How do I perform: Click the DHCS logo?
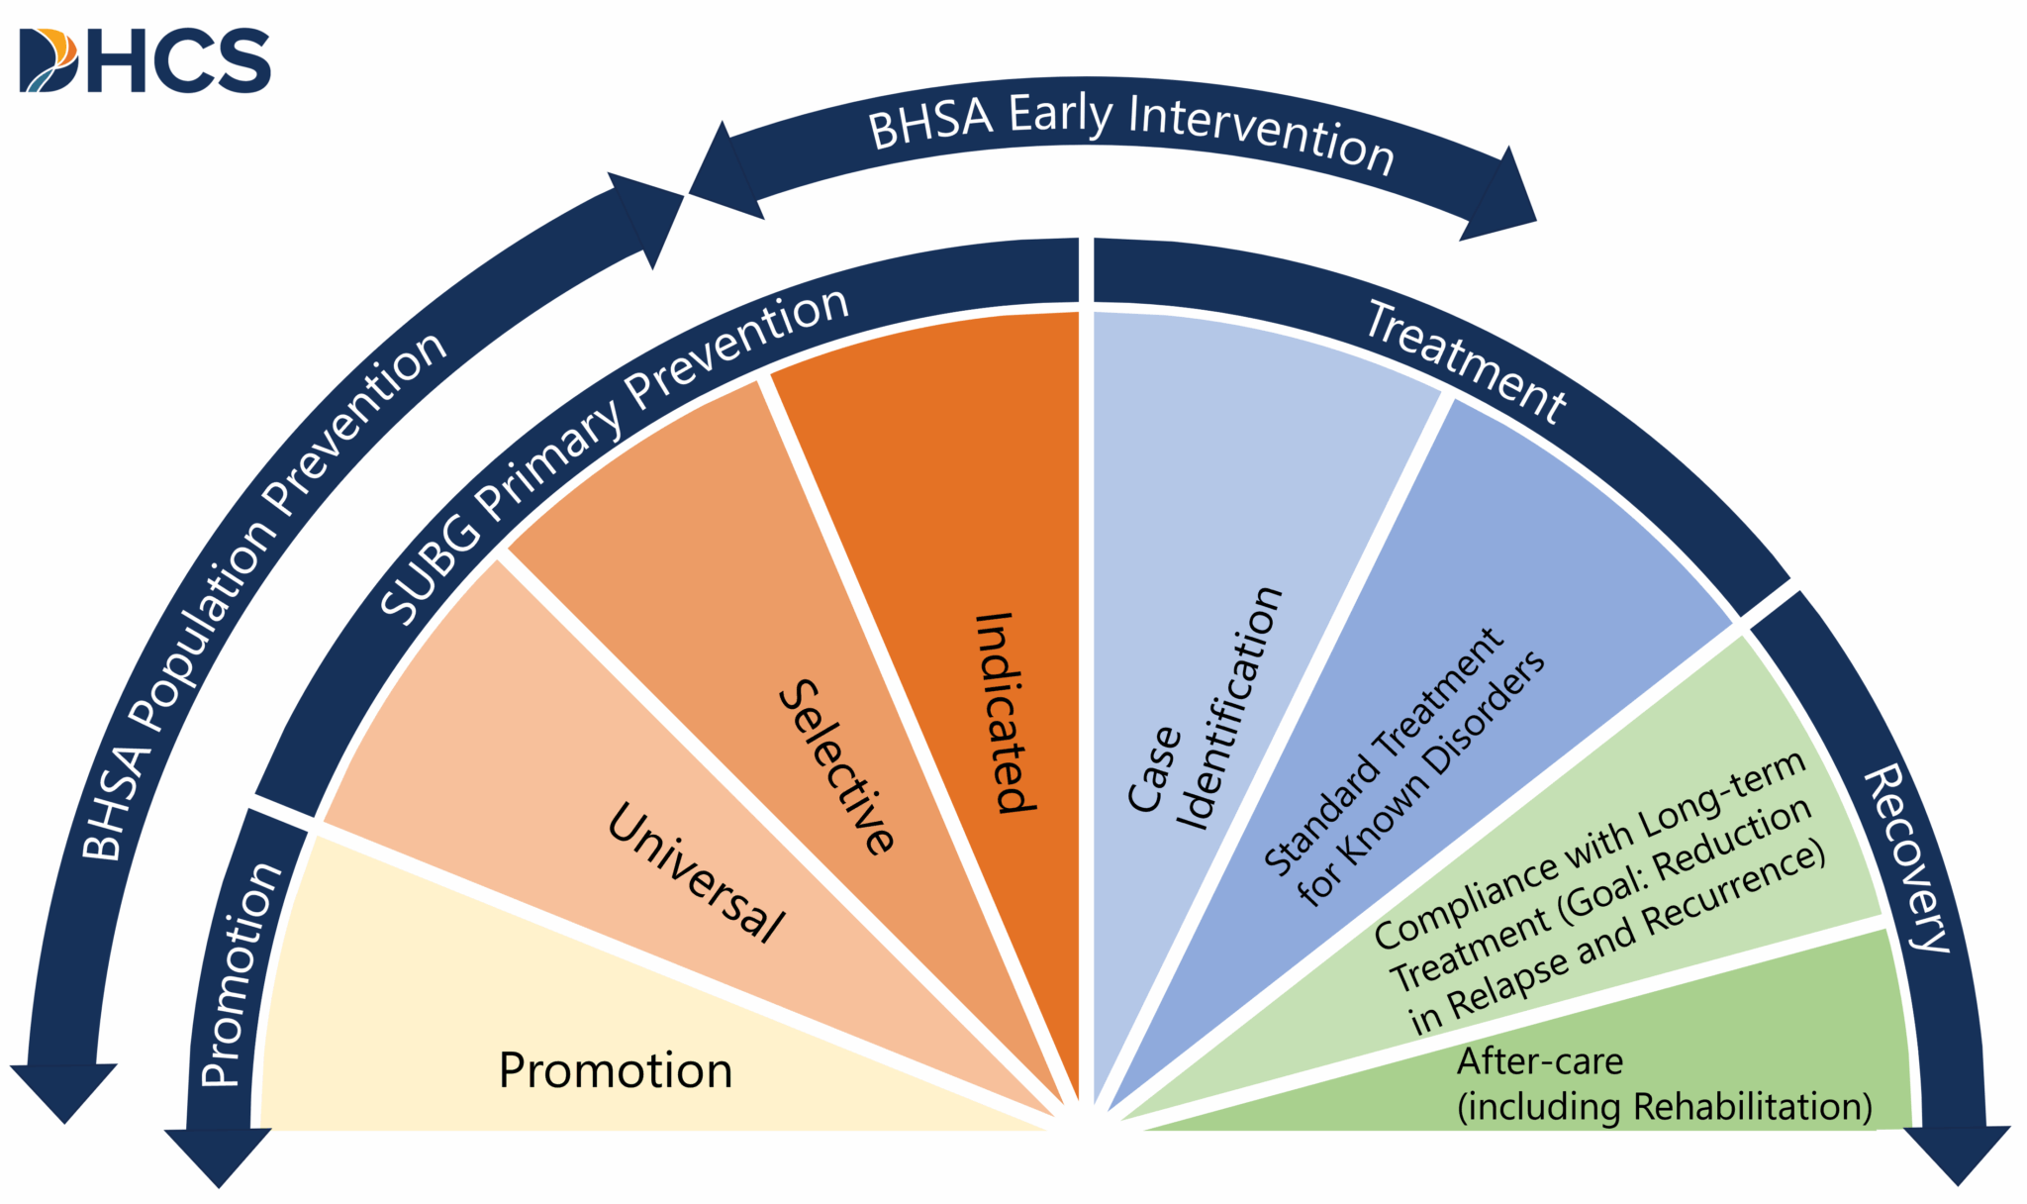(x=145, y=61)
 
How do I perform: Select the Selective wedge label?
(x=837, y=766)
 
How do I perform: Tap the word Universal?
(x=697, y=871)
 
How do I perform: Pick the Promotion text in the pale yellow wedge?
(x=615, y=1070)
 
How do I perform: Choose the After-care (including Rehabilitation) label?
(x=1663, y=1084)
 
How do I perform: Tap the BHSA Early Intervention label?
(x=1130, y=131)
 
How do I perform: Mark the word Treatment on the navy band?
(x=1466, y=362)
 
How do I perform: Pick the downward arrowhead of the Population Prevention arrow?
(x=63, y=1090)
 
